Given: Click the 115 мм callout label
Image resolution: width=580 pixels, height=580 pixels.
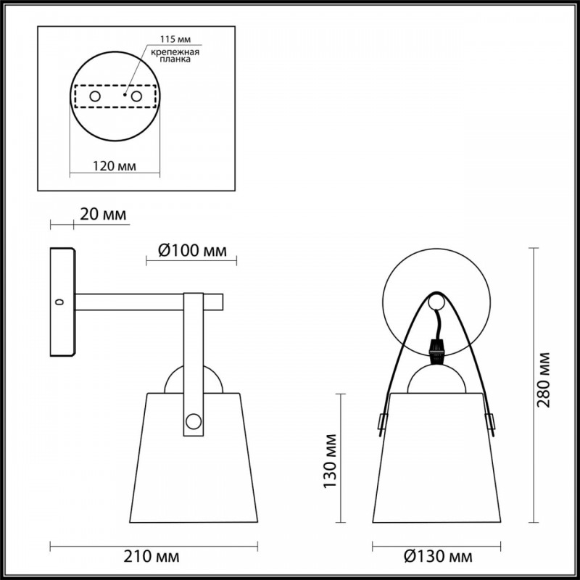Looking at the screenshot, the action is [x=175, y=39].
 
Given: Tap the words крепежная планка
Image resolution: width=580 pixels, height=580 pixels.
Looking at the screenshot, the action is [x=175, y=56].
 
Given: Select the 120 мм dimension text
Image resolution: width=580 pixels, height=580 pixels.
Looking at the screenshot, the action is [x=115, y=166].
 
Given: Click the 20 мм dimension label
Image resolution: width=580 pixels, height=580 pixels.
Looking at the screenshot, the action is [x=103, y=214].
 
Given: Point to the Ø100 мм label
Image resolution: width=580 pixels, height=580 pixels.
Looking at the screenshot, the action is [x=192, y=251].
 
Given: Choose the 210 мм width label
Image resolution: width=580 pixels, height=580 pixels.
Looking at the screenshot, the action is [x=152, y=556].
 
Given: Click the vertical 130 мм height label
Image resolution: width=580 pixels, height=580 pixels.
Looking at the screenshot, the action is [x=331, y=461].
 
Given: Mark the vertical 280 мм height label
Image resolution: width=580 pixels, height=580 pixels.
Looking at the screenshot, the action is [x=544, y=380].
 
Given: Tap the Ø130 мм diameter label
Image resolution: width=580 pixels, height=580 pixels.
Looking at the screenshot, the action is [x=438, y=556].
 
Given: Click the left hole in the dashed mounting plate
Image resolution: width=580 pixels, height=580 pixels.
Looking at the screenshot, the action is [x=95, y=96].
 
